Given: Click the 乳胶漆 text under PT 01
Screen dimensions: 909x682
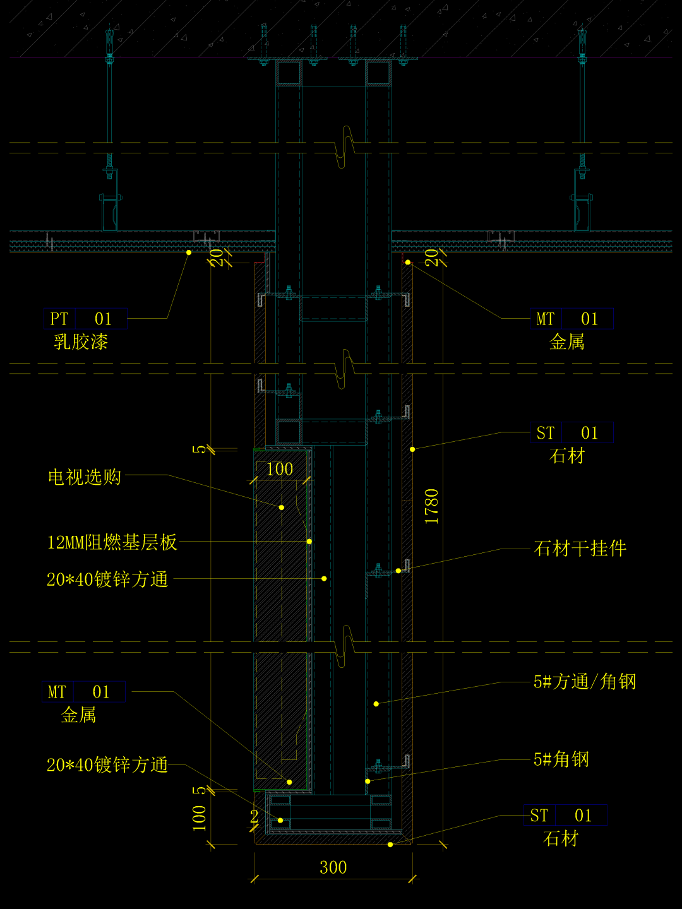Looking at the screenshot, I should tap(81, 342).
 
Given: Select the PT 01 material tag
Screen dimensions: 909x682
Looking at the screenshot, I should tap(85, 319).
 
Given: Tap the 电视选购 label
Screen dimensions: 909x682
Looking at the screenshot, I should tap(85, 477).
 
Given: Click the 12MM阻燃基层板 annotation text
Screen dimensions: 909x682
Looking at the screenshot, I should tap(112, 542).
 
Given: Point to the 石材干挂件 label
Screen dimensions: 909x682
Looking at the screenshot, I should tap(580, 548).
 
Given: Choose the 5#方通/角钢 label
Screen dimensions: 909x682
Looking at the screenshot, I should tap(585, 682).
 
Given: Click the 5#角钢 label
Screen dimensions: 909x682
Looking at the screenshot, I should tap(561, 759).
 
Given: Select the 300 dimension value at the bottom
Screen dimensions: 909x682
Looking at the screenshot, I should tap(333, 867).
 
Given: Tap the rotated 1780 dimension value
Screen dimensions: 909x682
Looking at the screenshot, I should tap(432, 506).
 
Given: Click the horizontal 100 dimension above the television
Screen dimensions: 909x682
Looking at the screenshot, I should tap(280, 469).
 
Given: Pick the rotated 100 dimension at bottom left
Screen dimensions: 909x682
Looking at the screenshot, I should tap(200, 817).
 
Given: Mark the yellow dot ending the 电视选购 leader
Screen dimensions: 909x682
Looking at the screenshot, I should tap(282, 507).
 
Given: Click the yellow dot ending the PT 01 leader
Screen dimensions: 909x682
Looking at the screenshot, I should tap(188, 252).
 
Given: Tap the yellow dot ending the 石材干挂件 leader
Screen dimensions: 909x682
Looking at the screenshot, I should tap(398, 571).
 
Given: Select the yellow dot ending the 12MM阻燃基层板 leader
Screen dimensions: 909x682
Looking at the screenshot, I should tap(309, 542).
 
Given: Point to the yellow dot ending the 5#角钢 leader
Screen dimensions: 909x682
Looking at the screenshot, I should tap(368, 781).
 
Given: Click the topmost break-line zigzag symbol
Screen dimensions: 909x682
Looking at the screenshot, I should tap(347, 146).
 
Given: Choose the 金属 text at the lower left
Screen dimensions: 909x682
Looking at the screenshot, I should tap(78, 715).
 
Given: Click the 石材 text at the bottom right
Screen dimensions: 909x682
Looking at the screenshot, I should tap(561, 839).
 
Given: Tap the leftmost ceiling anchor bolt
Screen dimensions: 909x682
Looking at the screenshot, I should tap(109, 44).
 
